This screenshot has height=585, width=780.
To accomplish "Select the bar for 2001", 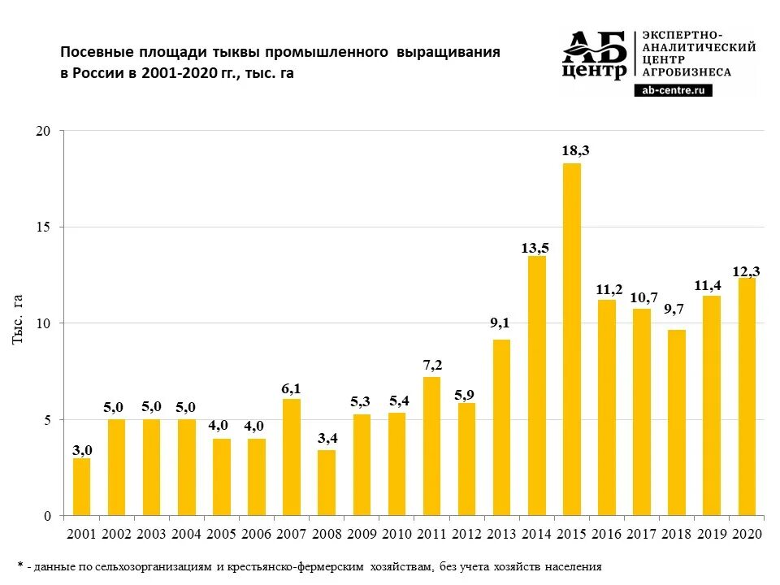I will coord(81,487).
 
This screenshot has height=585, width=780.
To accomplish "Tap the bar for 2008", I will coord(326,483).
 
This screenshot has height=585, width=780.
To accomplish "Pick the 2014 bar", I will coord(536,386).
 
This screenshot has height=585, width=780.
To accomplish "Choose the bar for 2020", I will coord(746,397).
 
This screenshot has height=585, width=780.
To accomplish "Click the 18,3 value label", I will coord(572,151).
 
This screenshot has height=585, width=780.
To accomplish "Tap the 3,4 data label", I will coord(326,438).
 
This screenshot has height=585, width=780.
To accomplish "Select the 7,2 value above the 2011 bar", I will coord(431,365).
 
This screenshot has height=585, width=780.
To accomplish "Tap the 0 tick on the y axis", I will coord(47,516).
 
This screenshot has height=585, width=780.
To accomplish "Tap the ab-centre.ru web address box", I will coord(673,90).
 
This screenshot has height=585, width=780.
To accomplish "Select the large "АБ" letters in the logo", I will coord(596,48).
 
